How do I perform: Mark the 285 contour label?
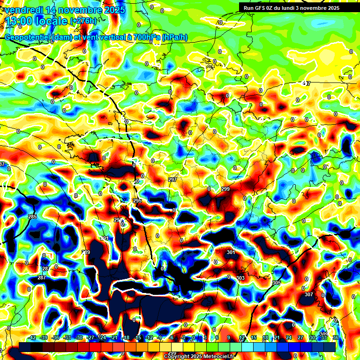point(32,217)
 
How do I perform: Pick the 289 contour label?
point(86,253)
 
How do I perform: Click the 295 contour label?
point(137,201)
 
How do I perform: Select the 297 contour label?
point(172,180)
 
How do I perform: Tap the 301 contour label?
point(231,253)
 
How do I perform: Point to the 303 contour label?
point(240,278)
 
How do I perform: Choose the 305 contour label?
point(277,283)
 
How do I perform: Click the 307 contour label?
point(308,294)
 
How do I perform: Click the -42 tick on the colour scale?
point(32,338)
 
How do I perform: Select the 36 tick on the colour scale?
point(336,338)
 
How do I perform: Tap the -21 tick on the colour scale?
point(114,338)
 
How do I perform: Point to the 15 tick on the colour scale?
point(254,338)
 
